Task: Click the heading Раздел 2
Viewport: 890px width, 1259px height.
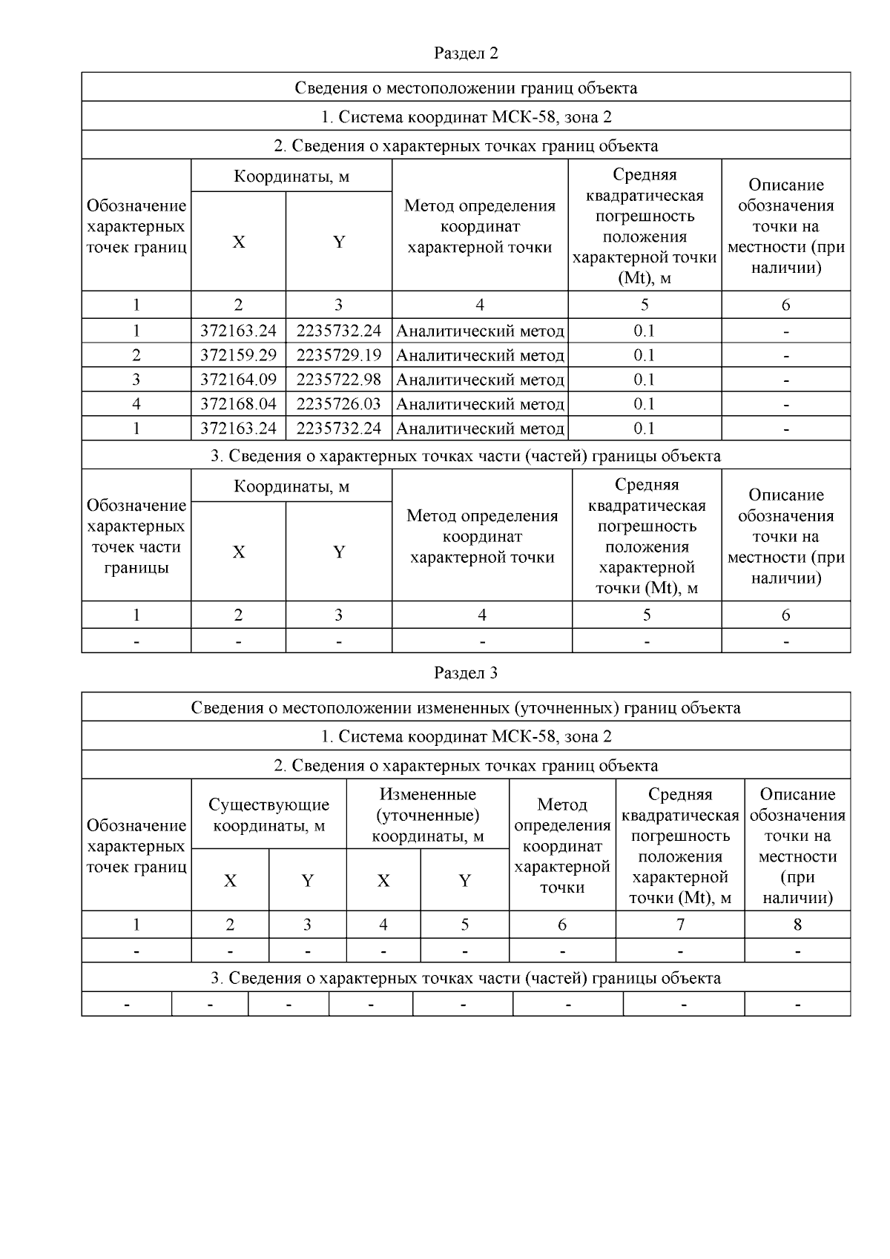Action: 466,53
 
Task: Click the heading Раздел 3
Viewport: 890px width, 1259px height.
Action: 466,673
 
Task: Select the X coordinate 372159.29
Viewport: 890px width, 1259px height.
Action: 238,355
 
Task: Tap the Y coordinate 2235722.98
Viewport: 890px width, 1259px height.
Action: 339,380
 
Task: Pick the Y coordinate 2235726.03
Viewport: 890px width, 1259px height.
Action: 339,404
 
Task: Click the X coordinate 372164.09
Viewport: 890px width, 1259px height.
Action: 238,380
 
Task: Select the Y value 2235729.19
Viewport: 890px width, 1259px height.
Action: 339,355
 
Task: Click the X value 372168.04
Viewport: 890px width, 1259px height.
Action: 238,404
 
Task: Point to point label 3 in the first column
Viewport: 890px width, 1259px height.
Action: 136,380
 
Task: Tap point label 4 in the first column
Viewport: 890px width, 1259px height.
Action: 136,404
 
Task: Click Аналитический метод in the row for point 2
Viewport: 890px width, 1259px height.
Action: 480,355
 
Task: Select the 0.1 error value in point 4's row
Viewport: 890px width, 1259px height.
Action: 645,404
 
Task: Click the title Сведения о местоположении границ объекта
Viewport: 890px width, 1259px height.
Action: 466,88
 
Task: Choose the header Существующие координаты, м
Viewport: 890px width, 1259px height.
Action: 268,815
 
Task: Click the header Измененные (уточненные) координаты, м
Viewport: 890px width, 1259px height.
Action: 428,815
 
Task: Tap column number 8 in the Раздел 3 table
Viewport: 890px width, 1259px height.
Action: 797,925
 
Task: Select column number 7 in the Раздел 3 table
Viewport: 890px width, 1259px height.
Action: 680,925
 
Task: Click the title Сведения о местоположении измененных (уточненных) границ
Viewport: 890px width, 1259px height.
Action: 466,707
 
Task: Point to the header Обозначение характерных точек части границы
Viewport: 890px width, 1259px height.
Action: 136,536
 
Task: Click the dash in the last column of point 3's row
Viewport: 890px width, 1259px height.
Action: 786,380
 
